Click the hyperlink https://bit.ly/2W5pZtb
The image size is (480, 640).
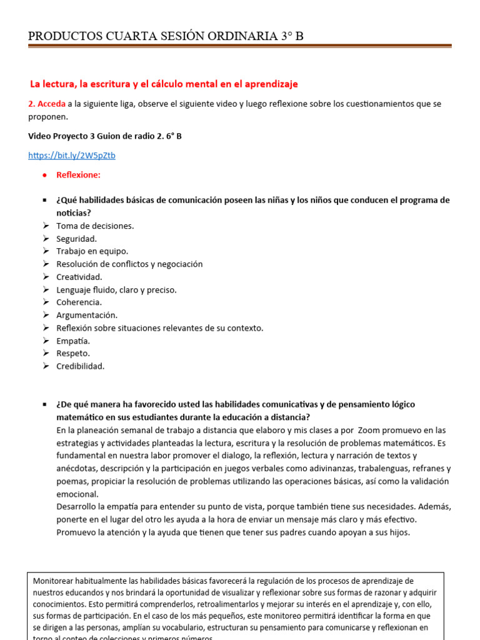point(72,156)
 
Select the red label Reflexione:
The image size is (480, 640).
point(78,175)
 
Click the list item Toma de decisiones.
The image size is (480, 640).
point(95,226)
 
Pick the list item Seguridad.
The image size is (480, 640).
point(76,239)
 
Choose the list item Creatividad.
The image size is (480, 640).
point(79,277)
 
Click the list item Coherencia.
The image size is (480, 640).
point(79,302)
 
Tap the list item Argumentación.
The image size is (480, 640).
point(87,315)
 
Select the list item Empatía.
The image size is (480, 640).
point(73,341)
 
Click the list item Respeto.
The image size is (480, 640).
point(73,353)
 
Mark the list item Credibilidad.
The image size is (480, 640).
point(81,366)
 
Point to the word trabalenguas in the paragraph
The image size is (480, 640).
point(350,468)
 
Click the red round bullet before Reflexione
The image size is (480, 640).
point(44,175)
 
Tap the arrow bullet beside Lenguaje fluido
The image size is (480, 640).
point(46,289)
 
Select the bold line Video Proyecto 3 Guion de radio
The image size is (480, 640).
point(105,136)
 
